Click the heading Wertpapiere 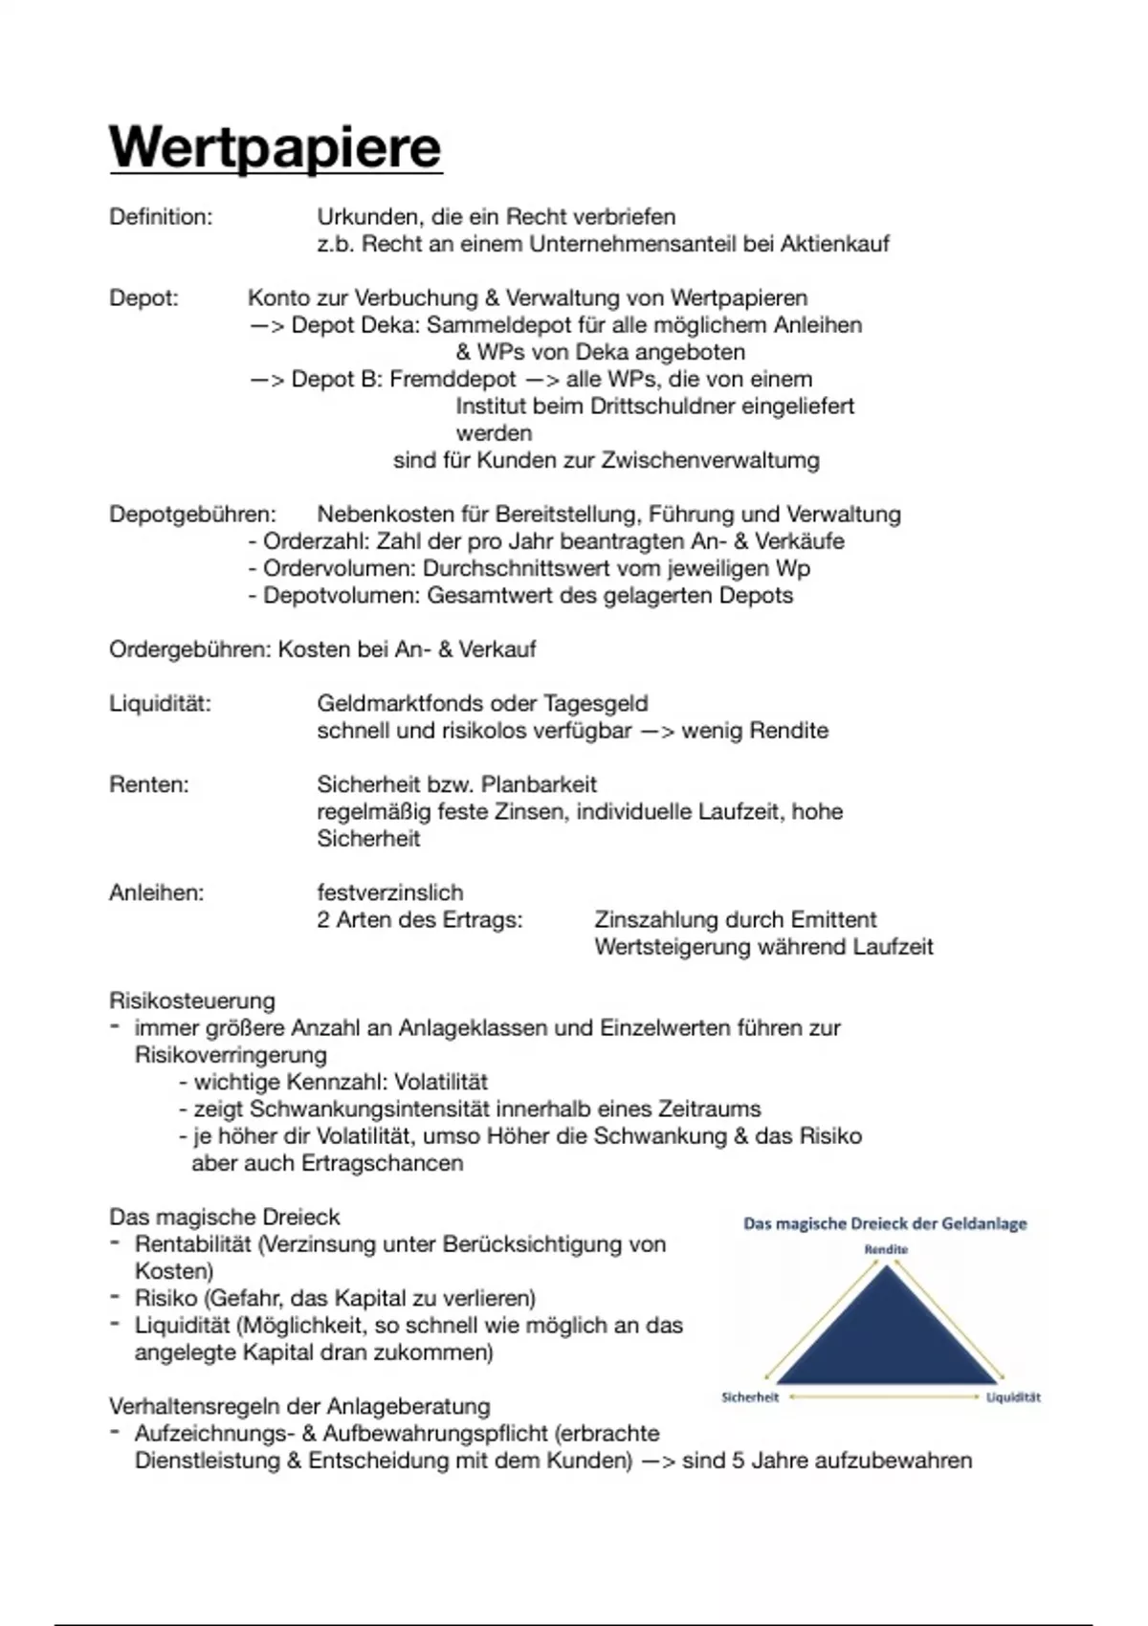[x=276, y=148]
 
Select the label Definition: [x=161, y=217]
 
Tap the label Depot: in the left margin [x=143, y=298]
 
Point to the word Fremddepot [x=453, y=380]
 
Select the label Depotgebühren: [x=192, y=515]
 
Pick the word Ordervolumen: [x=340, y=569]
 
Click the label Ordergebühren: [x=190, y=650]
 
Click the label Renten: [x=149, y=785]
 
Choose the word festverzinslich [x=390, y=893]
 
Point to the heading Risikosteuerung [x=192, y=1001]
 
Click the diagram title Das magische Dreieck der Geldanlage [x=885, y=1223]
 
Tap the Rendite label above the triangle [x=886, y=1249]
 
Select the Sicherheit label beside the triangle [x=750, y=1397]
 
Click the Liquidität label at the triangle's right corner [x=1013, y=1397]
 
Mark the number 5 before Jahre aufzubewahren [x=737, y=1461]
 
